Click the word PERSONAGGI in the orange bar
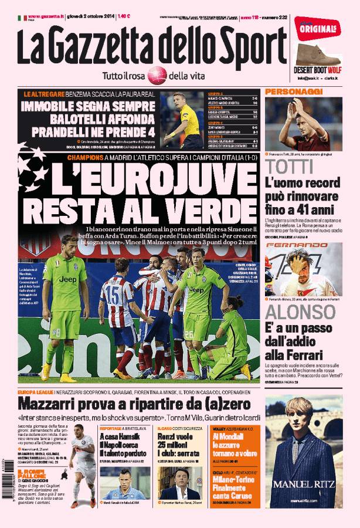click(286, 92)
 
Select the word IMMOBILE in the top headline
click(50, 107)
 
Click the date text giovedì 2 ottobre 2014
click(91, 18)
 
